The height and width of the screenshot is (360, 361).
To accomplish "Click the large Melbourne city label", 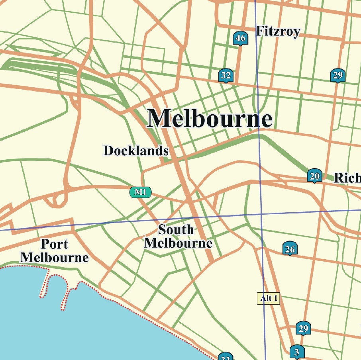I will click(210, 119).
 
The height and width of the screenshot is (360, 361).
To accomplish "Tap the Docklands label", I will click(136, 151).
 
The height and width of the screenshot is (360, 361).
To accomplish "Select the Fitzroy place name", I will click(278, 31).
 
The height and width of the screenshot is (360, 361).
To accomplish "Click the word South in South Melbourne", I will click(176, 230).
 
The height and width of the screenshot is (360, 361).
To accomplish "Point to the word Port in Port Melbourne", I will click(55, 244).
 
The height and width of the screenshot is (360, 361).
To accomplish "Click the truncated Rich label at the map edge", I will click(347, 178).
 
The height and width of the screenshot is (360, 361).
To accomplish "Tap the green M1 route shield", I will click(140, 192).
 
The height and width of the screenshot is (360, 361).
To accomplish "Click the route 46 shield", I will click(240, 39).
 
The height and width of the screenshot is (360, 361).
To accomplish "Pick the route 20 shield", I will click(315, 176).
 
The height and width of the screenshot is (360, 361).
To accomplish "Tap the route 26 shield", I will click(290, 249).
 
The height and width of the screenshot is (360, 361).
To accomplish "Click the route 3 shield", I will click(296, 352).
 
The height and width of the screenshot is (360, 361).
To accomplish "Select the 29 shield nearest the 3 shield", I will click(303, 329).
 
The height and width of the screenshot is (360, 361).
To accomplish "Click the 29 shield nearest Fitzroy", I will click(337, 75).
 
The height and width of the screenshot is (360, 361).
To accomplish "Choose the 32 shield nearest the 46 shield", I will click(226, 75).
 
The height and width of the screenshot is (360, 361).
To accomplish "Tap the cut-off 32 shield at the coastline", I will click(226, 356).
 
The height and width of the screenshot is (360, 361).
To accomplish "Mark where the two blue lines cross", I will click(261, 214).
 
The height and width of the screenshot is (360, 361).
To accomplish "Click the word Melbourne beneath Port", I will click(55, 257).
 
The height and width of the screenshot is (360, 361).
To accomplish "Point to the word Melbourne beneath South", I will click(178, 243).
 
